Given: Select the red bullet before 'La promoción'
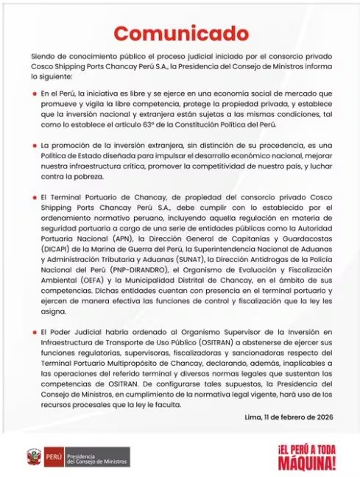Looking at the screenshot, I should point(35,146).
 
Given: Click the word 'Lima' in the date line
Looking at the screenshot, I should point(253,417).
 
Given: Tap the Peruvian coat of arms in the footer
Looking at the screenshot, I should point(32,456).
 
